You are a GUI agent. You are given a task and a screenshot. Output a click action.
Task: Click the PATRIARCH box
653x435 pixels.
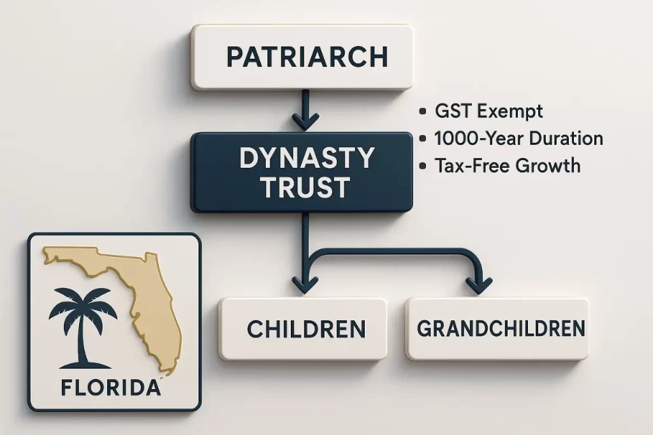point(302,57)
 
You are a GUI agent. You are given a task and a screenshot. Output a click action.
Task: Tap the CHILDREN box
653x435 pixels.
point(302,328)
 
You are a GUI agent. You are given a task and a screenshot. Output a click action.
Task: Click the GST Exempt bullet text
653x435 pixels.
point(488,112)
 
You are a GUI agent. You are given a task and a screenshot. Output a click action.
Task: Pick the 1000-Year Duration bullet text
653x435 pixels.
point(518,138)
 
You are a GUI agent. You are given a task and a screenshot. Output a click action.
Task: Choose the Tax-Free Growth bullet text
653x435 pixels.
point(507,166)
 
